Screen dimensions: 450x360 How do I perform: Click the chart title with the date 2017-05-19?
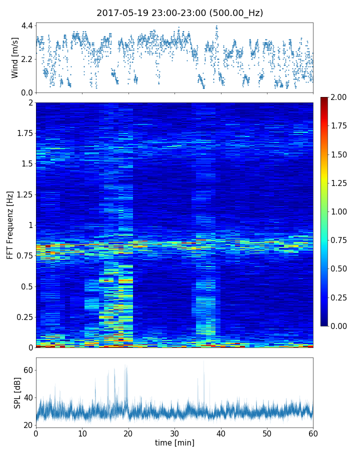click(x=179, y=13)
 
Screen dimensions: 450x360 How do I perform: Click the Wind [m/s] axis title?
click(x=15, y=57)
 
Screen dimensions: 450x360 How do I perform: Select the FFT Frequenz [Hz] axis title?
click(x=9, y=224)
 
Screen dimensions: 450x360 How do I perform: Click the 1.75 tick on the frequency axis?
click(x=24, y=133)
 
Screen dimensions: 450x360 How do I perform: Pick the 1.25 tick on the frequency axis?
click(x=24, y=194)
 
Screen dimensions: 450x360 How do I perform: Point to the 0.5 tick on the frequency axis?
click(x=26, y=286)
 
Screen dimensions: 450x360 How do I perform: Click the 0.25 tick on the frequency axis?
click(x=24, y=317)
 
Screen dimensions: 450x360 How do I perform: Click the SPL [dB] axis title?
click(x=17, y=392)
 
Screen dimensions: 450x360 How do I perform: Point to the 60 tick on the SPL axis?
click(x=27, y=370)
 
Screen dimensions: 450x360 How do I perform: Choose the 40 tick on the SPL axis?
click(x=27, y=398)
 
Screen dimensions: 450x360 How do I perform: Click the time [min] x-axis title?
click(x=174, y=442)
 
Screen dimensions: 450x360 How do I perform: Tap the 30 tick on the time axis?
click(x=174, y=433)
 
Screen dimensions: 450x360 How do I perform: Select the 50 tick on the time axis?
click(x=267, y=433)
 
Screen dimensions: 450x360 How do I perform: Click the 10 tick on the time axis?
click(x=82, y=433)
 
